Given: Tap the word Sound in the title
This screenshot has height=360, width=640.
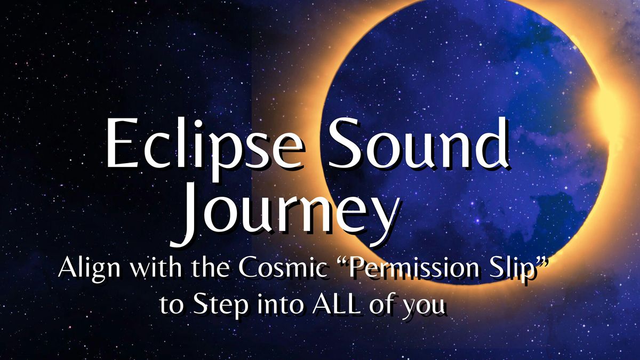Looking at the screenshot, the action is (418, 143).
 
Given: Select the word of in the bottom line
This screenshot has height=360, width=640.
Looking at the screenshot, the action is (381, 305).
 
